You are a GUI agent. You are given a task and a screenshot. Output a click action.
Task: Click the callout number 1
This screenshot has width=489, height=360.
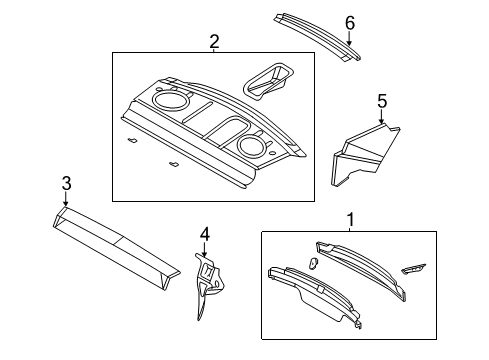point(350,218)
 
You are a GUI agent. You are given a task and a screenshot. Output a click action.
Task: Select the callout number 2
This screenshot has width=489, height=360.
point(214,41)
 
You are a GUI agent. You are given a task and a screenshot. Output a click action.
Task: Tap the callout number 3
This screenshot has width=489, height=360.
point(66,183)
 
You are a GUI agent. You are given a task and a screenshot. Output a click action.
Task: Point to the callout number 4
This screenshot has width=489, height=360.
point(204,234)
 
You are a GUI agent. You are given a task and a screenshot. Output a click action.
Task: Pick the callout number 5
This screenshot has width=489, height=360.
point(381,100)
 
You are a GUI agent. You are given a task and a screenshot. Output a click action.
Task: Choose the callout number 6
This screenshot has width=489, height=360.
point(349,22)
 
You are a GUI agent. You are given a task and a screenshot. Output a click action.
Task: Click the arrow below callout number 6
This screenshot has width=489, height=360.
point(349,37)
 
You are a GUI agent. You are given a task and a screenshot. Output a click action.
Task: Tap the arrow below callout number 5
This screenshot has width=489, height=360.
point(381,117)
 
